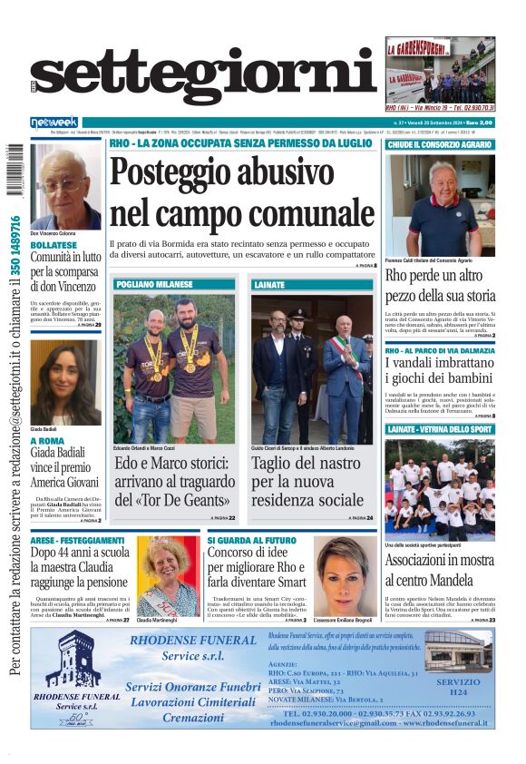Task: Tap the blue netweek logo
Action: [x=55, y=122]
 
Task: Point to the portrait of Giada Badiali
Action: [x=65, y=382]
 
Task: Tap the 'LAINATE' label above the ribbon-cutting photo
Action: [x=268, y=284]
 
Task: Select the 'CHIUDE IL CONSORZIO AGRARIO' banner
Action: [x=439, y=145]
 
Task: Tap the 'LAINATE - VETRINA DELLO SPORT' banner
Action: [x=439, y=428]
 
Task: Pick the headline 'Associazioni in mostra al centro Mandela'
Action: [x=439, y=569]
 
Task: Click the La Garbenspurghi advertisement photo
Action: [x=440, y=73]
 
